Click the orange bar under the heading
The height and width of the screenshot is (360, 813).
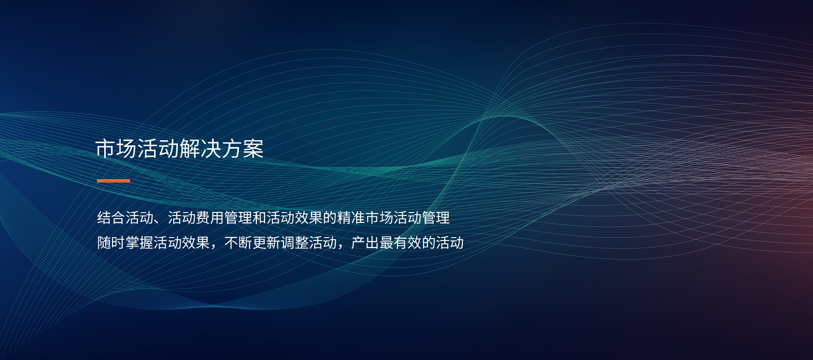tap(113, 181)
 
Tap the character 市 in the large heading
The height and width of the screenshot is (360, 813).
tap(106, 149)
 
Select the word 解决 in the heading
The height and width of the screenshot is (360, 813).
tap(201, 149)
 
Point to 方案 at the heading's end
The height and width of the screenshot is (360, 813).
tap(243, 149)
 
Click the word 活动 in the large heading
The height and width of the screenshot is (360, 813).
tap(158, 149)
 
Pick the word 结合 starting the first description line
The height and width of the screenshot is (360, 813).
tap(111, 218)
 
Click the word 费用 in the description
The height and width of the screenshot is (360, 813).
tap(210, 218)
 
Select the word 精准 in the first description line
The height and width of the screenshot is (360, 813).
tap(351, 218)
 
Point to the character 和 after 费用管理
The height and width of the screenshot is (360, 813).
tap(259, 218)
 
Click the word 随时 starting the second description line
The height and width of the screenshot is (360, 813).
tap(111, 243)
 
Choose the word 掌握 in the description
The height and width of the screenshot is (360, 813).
tap(139, 243)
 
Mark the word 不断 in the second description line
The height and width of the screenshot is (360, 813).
tap(238, 243)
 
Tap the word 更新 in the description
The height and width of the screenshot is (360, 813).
tap(266, 243)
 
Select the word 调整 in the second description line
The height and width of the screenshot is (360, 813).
tap(294, 243)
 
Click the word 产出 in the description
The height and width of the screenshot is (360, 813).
tap(365, 243)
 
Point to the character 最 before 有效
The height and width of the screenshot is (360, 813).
tap(386, 243)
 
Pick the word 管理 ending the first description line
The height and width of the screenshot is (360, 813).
tap(436, 218)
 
